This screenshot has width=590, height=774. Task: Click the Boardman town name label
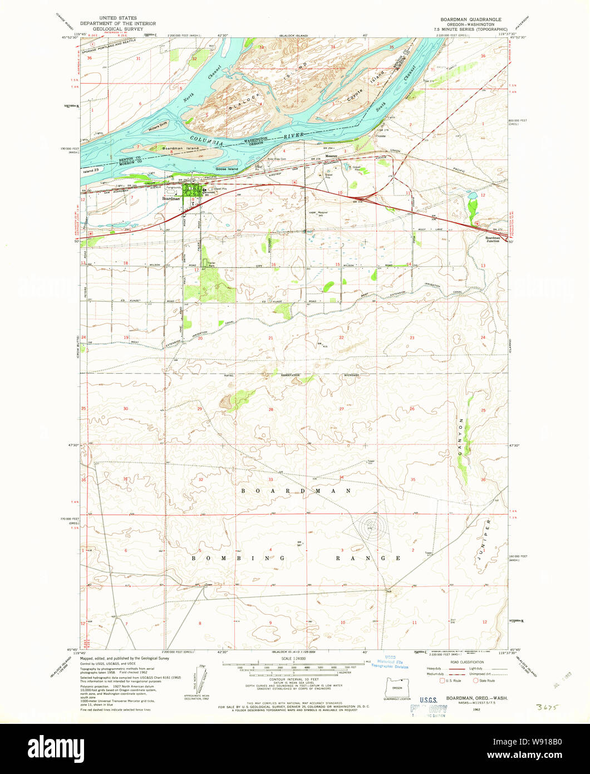click(171, 199)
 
